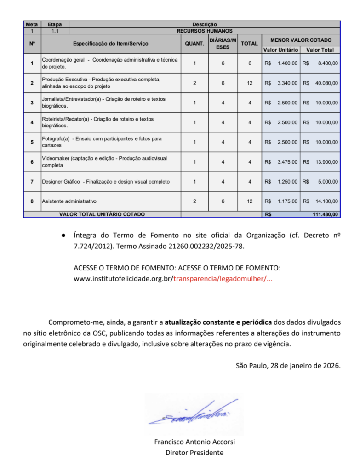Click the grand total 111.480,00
coord(325,214)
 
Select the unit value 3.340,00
coord(287,83)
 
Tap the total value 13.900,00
coord(326,162)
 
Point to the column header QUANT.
coord(194,44)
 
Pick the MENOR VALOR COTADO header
coord(301,40)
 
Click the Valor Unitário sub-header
coord(280,50)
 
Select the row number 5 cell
coord(32,142)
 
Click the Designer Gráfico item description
coord(106,182)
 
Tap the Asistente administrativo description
coord(69,201)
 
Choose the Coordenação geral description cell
coord(110,63)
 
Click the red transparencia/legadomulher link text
coord(223,279)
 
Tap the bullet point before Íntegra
coord(63,235)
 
